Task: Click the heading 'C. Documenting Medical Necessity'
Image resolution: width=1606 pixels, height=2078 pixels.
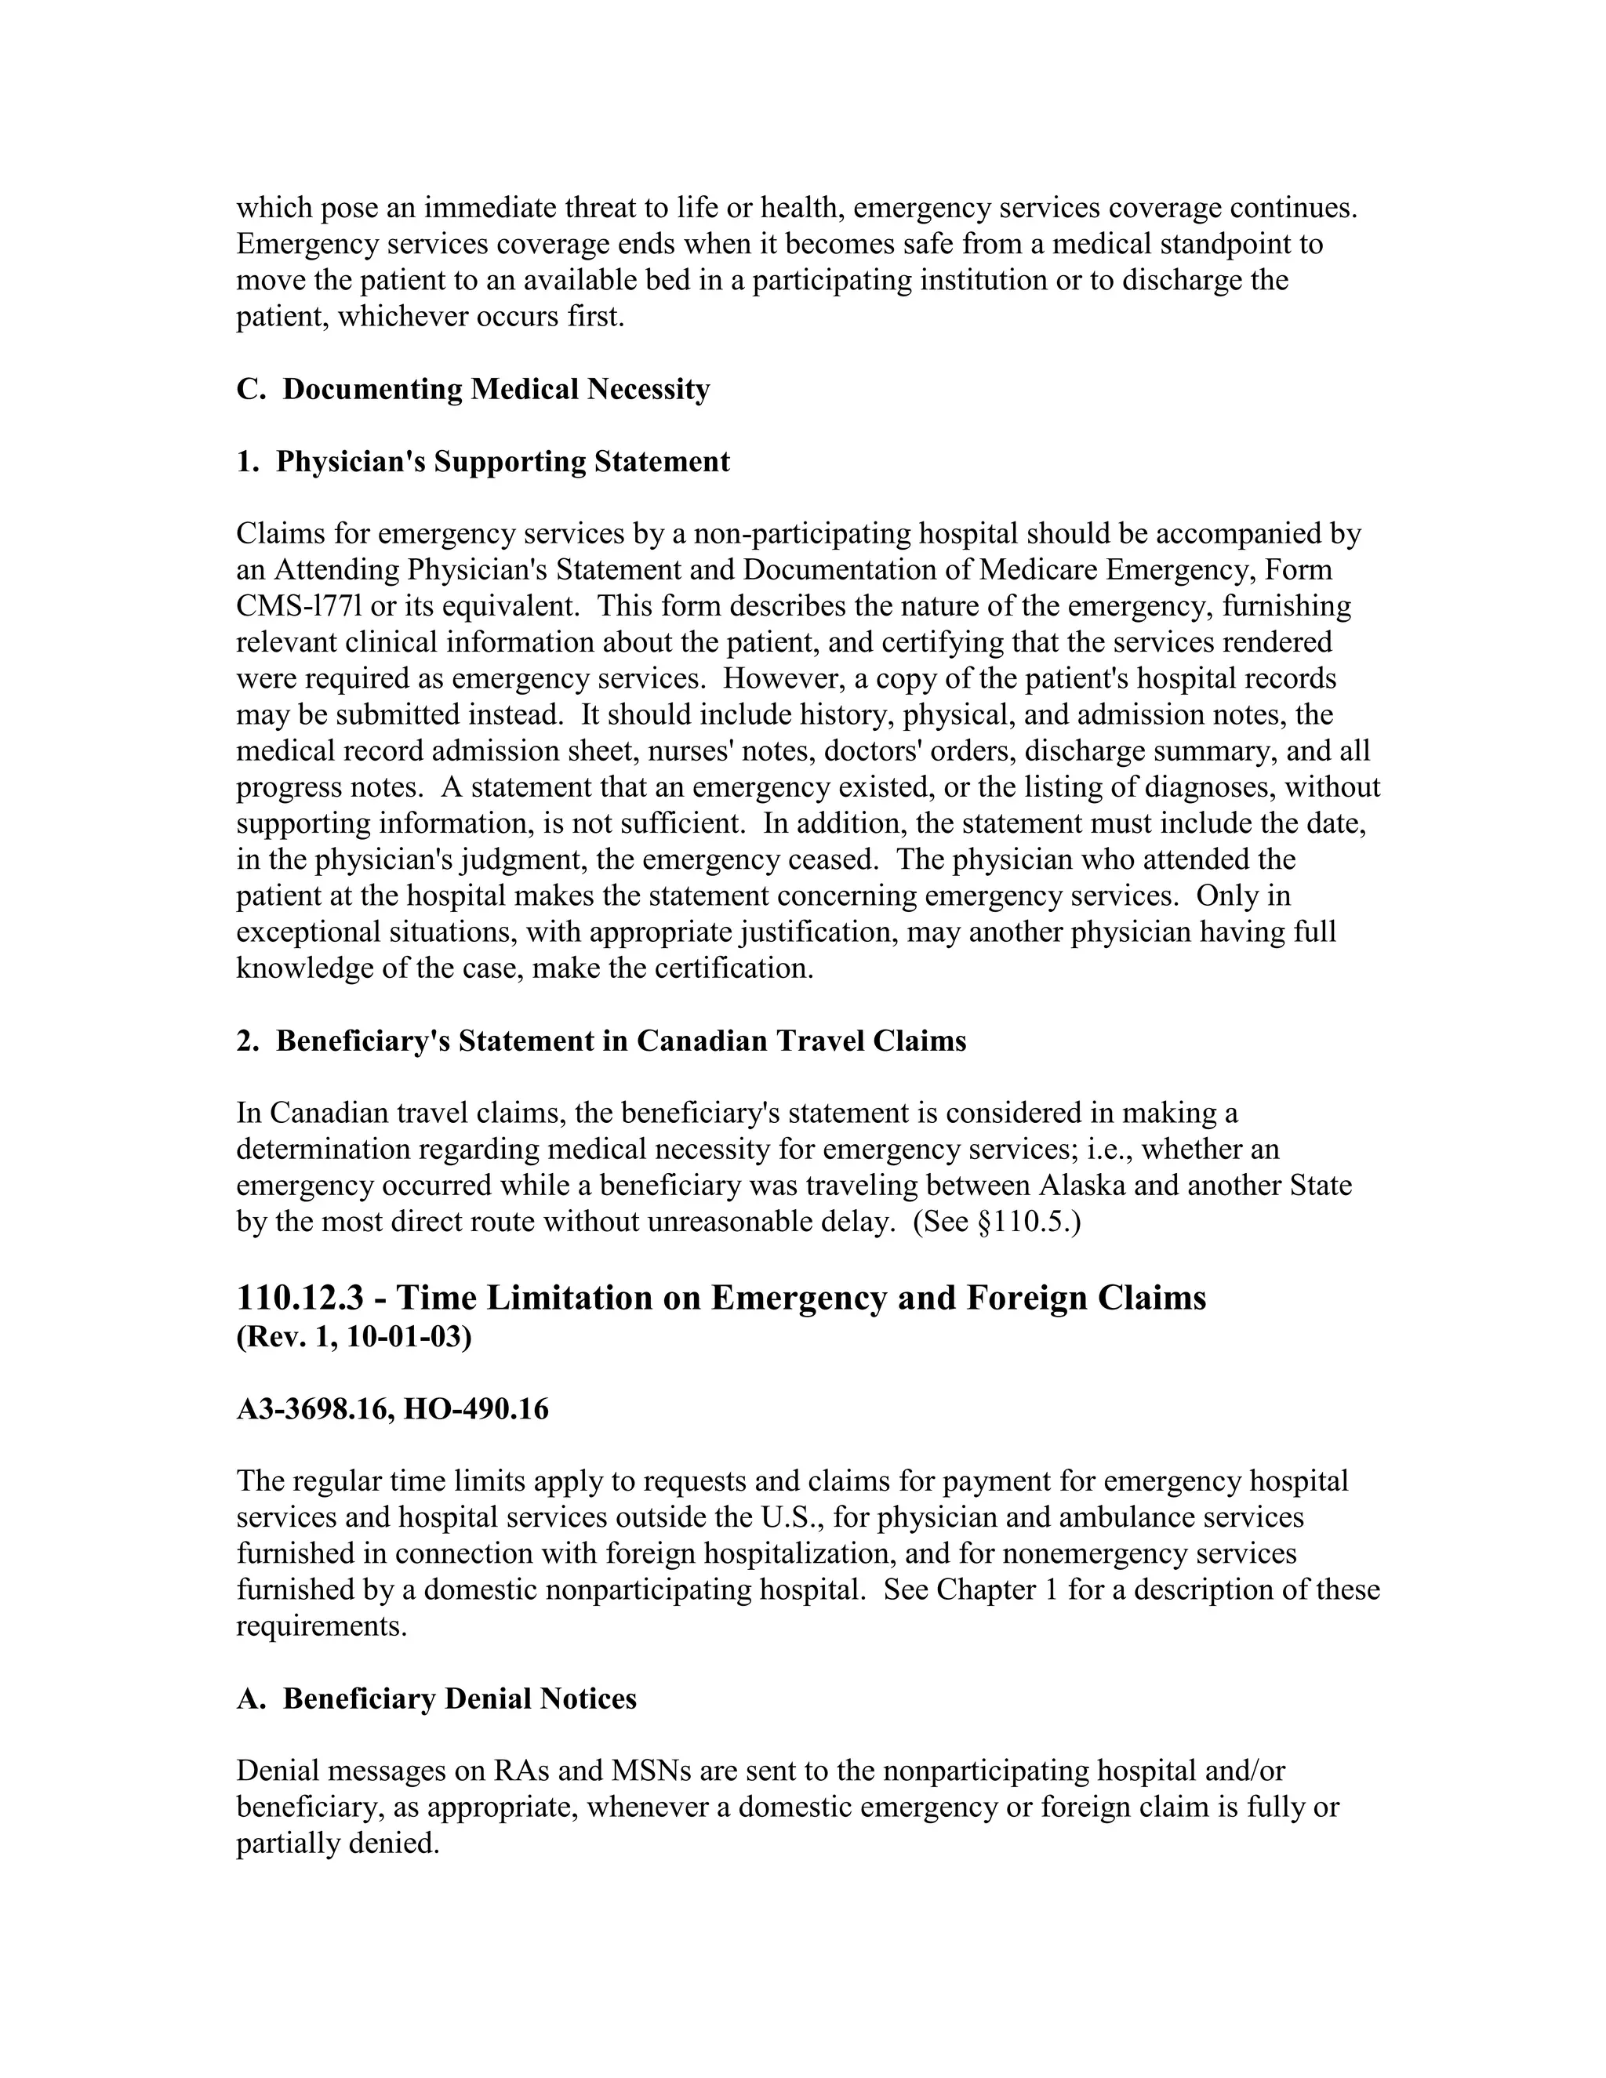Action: [473, 389]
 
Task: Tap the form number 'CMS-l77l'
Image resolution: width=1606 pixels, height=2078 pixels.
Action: [294, 606]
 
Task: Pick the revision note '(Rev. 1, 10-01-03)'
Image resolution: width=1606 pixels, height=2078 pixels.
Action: [354, 1337]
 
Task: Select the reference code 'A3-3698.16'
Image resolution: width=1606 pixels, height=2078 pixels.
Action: [312, 1409]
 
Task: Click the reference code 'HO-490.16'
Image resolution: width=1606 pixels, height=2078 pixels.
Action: [476, 1409]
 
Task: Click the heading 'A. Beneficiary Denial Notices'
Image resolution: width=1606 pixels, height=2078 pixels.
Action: [436, 1698]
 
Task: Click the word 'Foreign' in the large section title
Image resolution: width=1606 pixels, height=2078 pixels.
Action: [1026, 1298]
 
